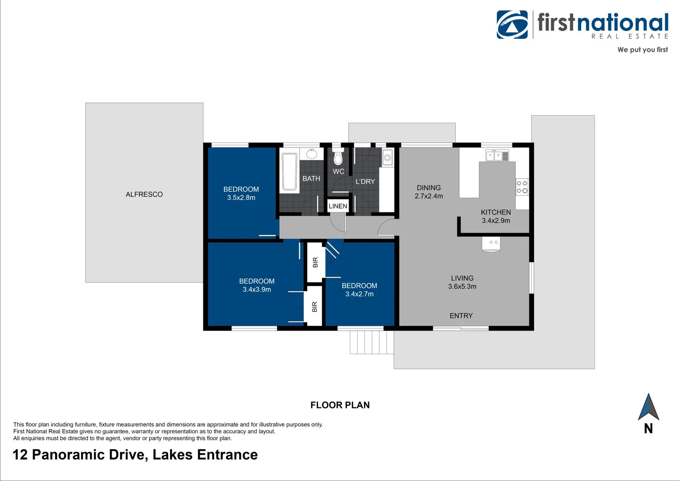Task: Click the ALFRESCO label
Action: tap(144, 195)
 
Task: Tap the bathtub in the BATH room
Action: tap(289, 172)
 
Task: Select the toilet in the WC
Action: tap(338, 158)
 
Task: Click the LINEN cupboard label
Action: tap(338, 206)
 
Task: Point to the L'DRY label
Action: tap(365, 182)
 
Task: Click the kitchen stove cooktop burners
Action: tap(522, 187)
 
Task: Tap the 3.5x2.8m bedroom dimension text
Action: tap(241, 198)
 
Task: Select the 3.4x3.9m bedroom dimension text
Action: tap(257, 289)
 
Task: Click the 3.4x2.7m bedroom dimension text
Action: tap(360, 294)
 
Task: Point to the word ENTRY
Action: tap(461, 316)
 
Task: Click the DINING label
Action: tap(429, 188)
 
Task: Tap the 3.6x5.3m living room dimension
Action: tap(462, 286)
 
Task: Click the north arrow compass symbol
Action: tap(648, 407)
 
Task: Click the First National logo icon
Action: tap(512, 24)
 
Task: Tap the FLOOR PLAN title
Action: tap(340, 405)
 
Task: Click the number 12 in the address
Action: tap(20, 455)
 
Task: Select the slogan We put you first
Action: tap(642, 50)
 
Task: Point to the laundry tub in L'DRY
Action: tap(387, 158)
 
